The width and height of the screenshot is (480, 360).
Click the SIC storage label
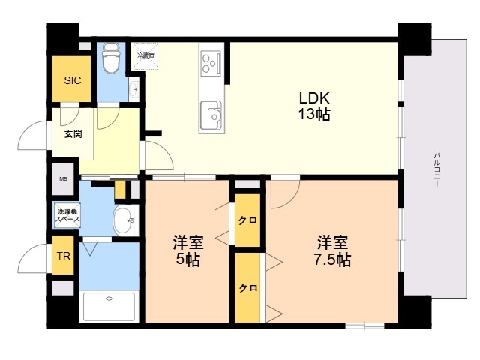[x=73, y=80]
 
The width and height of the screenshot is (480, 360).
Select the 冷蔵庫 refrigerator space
[x=145, y=56]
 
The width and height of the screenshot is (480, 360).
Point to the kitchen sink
[x=211, y=115]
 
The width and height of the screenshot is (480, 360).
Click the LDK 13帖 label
[x=314, y=106]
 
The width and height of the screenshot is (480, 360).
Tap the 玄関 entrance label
[x=73, y=133]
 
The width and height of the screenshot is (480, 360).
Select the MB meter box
[x=63, y=179]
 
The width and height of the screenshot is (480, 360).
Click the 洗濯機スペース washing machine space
[x=67, y=215]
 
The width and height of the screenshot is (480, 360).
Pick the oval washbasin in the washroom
[x=123, y=220]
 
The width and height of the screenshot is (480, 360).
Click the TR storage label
[x=63, y=256]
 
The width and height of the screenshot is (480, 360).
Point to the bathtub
[x=109, y=306]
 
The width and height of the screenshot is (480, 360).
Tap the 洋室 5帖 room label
[x=188, y=251]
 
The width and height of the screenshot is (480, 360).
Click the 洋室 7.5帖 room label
[x=332, y=251]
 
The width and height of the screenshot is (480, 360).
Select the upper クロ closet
[x=247, y=220]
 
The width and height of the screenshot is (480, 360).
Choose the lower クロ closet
[x=247, y=288]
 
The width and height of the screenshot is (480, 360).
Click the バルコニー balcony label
[x=436, y=169]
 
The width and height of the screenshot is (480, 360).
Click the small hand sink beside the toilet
[x=134, y=89]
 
